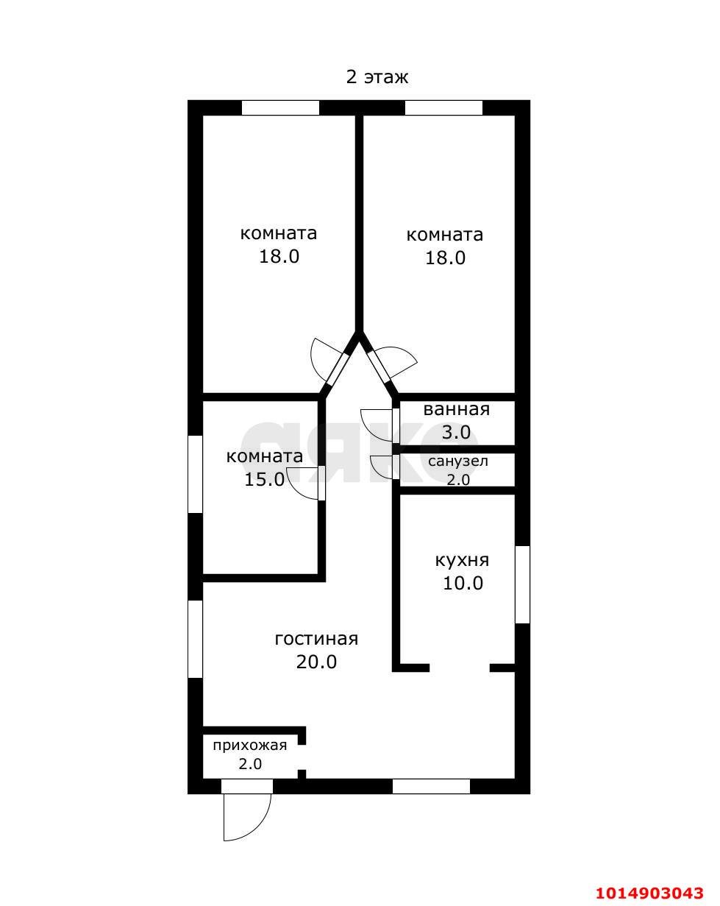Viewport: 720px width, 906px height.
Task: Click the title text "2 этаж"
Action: (x=377, y=77)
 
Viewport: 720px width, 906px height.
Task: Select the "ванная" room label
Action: (x=457, y=409)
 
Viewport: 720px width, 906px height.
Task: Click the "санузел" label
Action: (x=458, y=461)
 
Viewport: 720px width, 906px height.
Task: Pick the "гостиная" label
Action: (x=316, y=639)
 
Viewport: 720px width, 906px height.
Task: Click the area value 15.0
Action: (x=265, y=479)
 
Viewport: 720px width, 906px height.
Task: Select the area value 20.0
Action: (x=316, y=662)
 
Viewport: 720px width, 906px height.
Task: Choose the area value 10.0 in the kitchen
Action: (x=463, y=583)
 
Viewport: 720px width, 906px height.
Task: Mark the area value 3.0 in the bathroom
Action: (x=456, y=432)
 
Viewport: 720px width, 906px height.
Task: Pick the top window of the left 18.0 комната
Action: (x=280, y=107)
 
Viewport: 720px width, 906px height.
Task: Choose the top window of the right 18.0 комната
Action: (x=443, y=107)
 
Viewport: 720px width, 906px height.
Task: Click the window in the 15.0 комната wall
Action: (x=195, y=474)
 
